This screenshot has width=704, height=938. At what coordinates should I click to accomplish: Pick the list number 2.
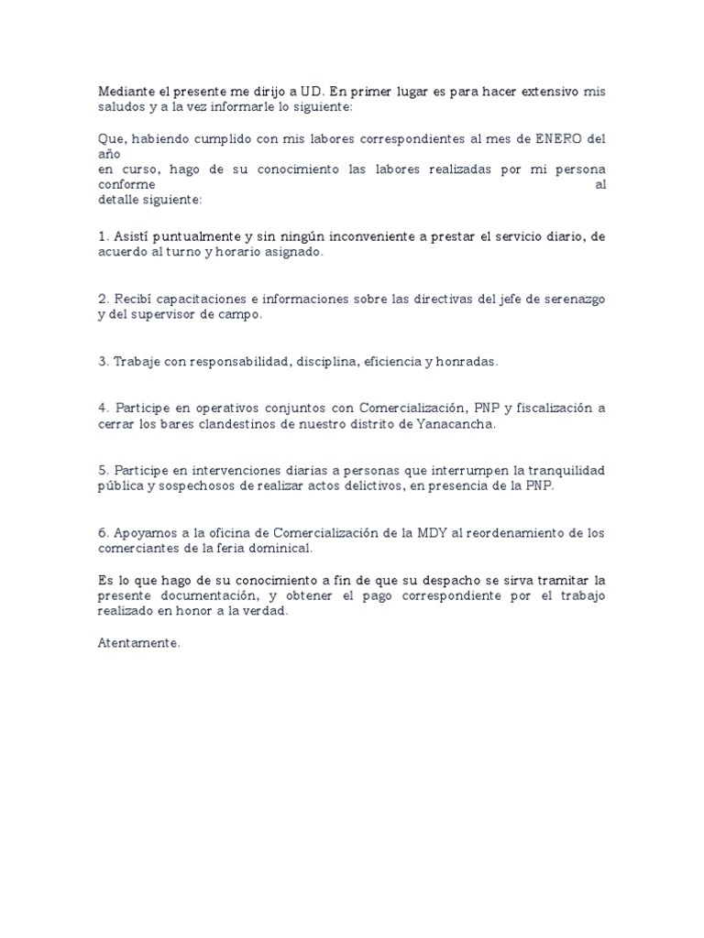pyautogui.click(x=102, y=300)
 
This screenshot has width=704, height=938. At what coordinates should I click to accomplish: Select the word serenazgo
pyautogui.click(x=569, y=300)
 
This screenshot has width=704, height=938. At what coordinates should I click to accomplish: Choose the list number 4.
pyautogui.click(x=102, y=409)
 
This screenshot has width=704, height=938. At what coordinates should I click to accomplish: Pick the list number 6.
pyautogui.click(x=102, y=533)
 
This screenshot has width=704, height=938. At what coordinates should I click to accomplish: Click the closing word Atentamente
pyautogui.click(x=139, y=643)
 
